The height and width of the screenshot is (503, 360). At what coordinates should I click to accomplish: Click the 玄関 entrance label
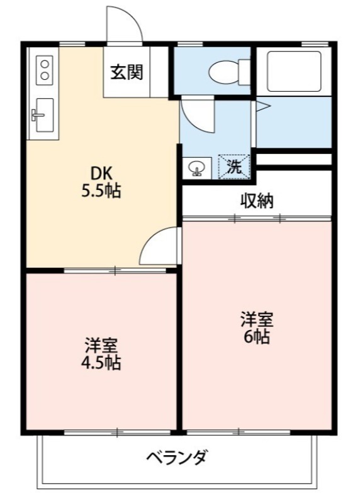click(127, 72)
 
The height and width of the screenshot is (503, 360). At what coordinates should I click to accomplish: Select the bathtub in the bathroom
click(293, 71)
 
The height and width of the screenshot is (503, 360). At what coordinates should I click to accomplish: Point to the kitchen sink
click(43, 115)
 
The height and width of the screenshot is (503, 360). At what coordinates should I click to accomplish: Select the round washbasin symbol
click(196, 168)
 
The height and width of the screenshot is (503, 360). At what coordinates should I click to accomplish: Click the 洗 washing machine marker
click(233, 167)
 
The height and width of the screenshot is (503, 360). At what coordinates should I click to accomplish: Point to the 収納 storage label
click(257, 201)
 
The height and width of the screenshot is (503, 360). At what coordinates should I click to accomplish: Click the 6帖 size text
click(256, 337)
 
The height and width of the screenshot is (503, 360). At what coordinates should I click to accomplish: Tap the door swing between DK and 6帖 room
click(158, 246)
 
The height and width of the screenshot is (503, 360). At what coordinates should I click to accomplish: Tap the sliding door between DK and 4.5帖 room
click(116, 271)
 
